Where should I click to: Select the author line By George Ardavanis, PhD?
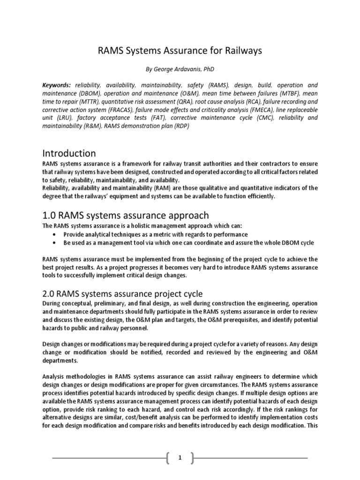(180, 69)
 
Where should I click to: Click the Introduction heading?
(69, 153)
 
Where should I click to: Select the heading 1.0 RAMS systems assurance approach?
(126, 215)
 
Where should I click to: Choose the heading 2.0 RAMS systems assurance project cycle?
(122, 294)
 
